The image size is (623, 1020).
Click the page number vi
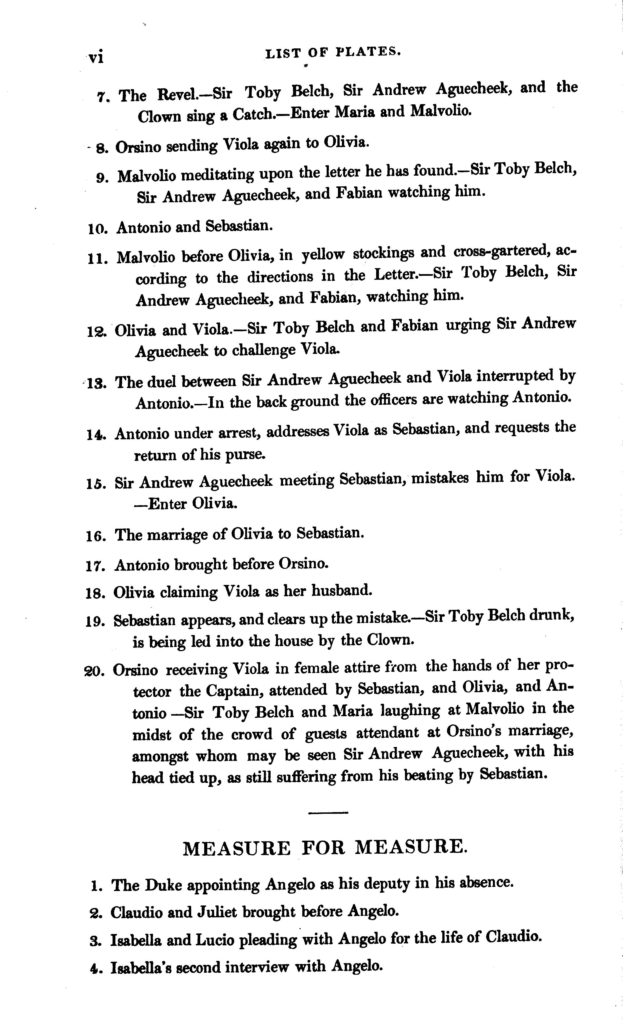click(x=96, y=57)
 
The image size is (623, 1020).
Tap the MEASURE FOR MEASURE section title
click(x=325, y=847)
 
